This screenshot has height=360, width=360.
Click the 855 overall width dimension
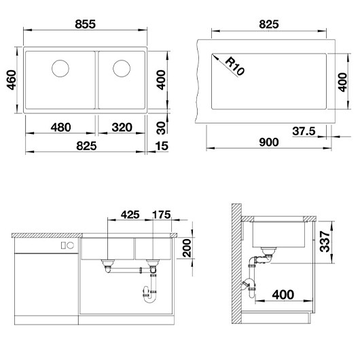click(86, 24)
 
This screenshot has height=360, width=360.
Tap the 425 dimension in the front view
click(130, 215)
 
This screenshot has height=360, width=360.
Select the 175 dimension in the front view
click(162, 215)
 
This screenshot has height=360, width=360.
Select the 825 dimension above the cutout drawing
click(270, 24)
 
